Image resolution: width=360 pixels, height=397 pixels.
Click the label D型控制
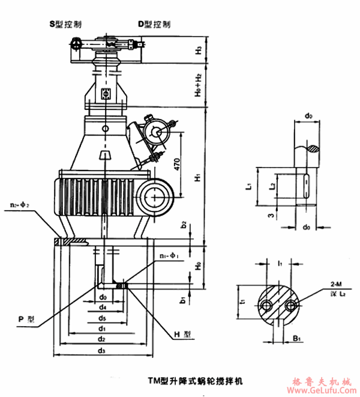click(154, 25)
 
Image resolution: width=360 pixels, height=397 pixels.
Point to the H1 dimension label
click(198, 178)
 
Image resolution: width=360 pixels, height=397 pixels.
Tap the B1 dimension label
click(297, 338)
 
